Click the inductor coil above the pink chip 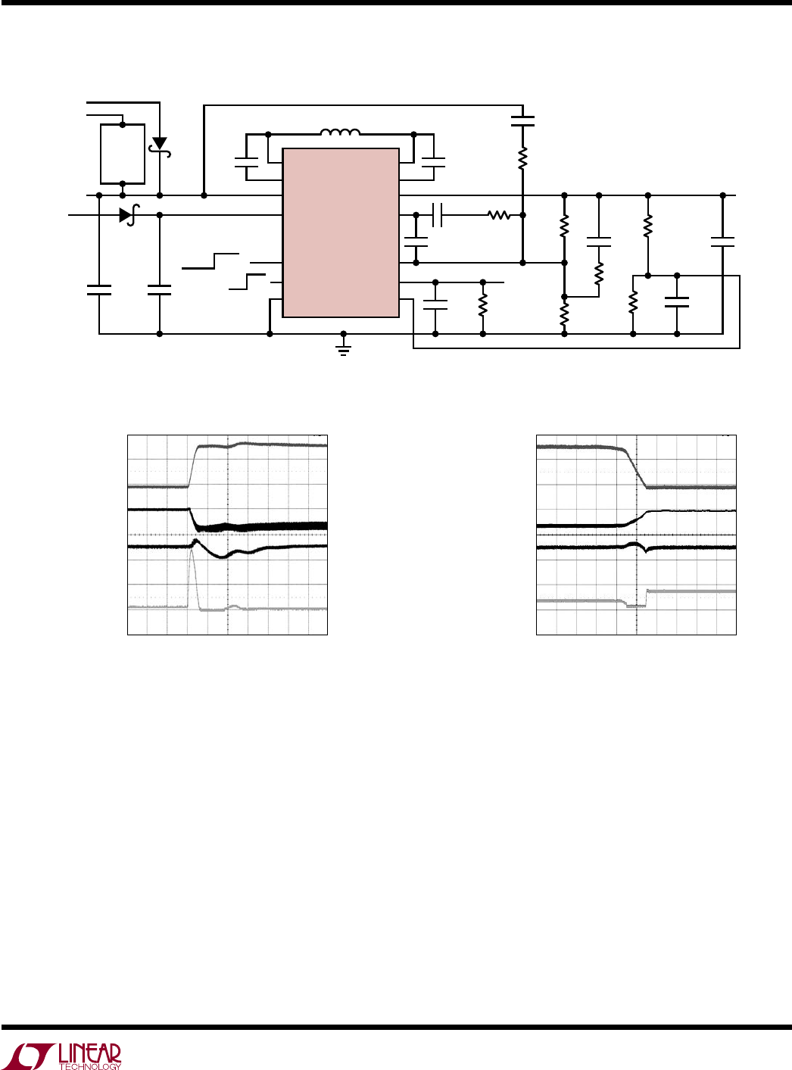[x=340, y=133]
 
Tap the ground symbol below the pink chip [x=344, y=349]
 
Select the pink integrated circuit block [x=341, y=232]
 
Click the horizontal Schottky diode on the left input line [x=128, y=214]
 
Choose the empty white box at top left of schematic [x=123, y=154]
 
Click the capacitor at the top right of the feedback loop [x=522, y=120]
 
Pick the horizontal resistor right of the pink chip [x=499, y=214]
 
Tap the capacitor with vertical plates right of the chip [x=438, y=214]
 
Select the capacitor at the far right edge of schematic [x=722, y=242]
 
